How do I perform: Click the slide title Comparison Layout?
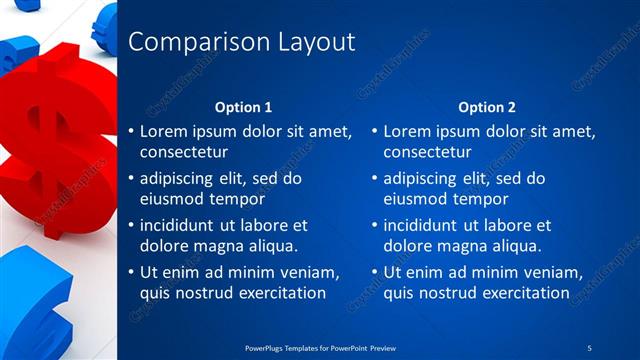242,42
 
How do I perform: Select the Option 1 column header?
244,107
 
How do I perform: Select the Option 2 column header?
487,107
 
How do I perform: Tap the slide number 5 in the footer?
590,346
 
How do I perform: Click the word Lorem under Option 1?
163,131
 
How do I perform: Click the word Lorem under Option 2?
407,131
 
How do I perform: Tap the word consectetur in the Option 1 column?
184,153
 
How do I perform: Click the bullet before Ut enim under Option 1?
131,273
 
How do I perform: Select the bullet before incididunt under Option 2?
375,226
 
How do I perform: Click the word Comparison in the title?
187,42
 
